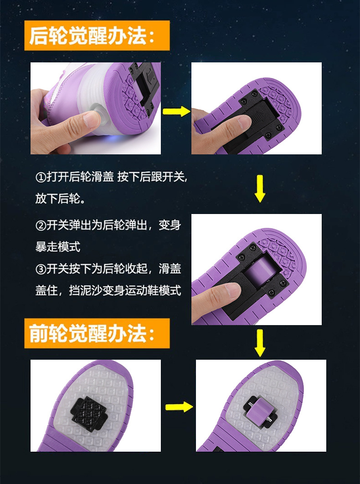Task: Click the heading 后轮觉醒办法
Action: [x=97, y=36]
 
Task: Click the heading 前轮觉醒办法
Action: [x=97, y=333]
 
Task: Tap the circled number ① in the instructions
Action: [x=41, y=177]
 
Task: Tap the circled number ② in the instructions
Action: [x=41, y=225]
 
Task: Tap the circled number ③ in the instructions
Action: [x=41, y=269]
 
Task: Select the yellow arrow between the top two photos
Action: [x=176, y=111]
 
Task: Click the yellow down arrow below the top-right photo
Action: [x=260, y=188]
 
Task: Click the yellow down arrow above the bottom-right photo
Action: [x=260, y=342]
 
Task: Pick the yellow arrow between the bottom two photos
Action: [x=179, y=407]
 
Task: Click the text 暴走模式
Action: [x=58, y=247]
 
